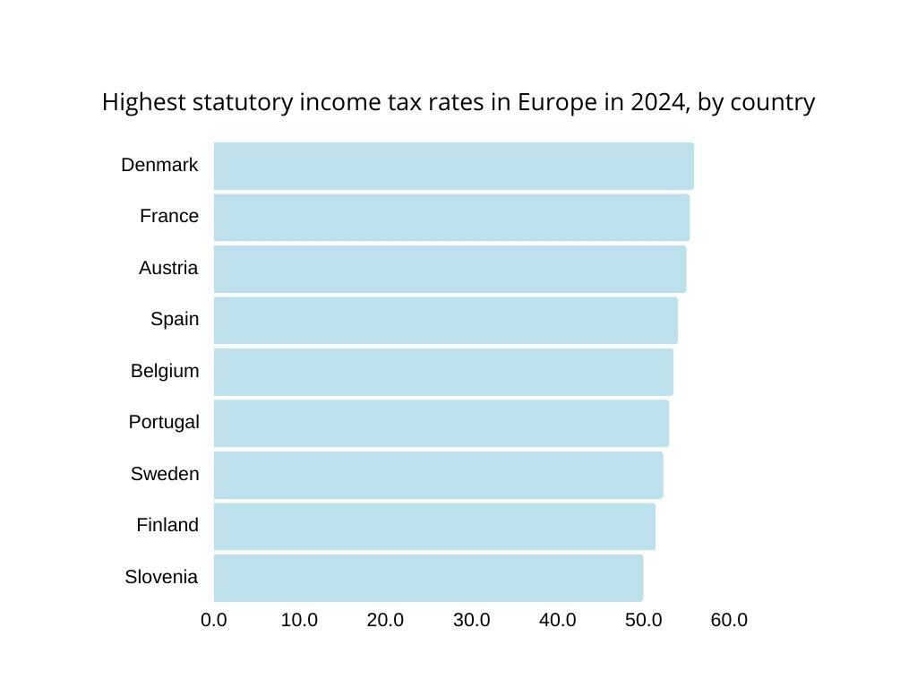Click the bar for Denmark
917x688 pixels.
coord(453,166)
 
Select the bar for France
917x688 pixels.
coord(451,218)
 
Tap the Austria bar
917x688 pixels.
coord(450,269)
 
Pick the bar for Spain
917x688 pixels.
coord(445,321)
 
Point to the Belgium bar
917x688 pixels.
coord(443,372)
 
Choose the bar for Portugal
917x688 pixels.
coord(441,423)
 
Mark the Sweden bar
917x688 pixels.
coord(438,475)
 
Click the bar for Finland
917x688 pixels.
coord(434,526)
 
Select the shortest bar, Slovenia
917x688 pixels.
coord(428,578)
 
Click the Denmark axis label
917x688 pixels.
coord(159,165)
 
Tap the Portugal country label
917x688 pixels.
coord(164,422)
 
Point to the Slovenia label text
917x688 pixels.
coord(161,578)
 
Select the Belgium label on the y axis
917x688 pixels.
coord(165,371)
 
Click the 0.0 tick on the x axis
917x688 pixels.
coord(214,620)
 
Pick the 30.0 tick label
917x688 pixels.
coord(471,620)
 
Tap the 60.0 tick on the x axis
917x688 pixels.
coord(729,620)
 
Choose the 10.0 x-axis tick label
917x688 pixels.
coord(299,620)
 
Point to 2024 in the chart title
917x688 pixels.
coord(657,103)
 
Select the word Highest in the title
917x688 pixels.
coord(144,103)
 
